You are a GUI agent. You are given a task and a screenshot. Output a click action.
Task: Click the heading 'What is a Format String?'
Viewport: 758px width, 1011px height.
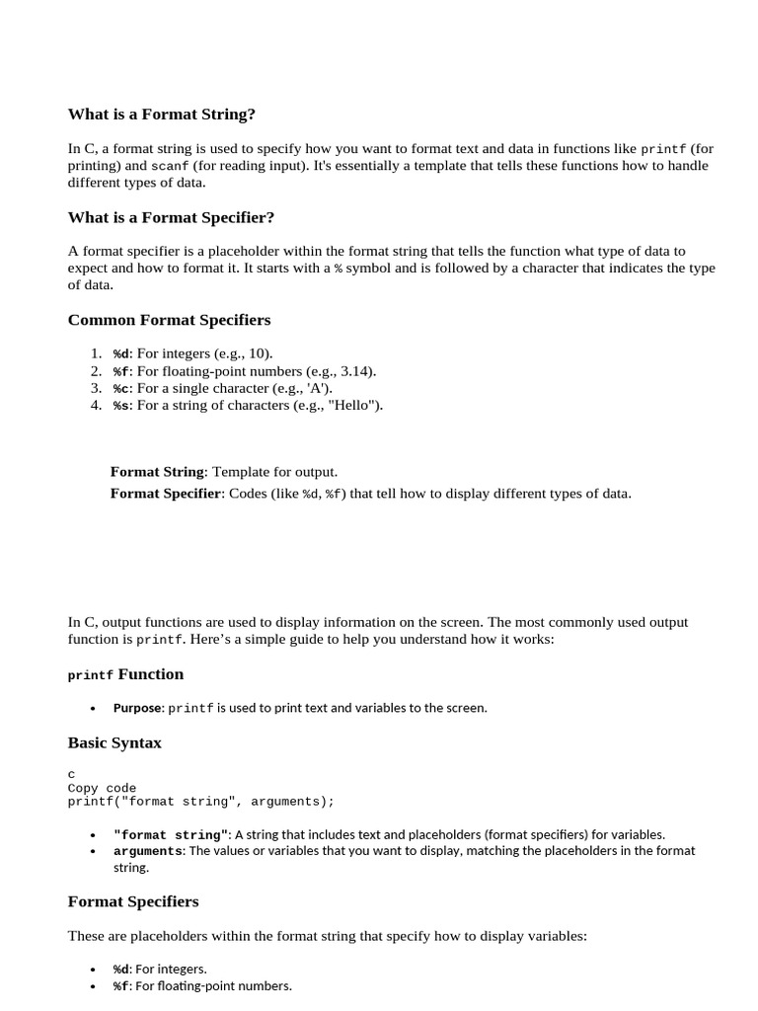point(161,115)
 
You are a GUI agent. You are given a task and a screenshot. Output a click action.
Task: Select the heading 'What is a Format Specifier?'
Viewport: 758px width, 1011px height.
point(171,217)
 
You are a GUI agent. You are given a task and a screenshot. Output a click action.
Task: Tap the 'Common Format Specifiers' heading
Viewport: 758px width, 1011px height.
point(169,320)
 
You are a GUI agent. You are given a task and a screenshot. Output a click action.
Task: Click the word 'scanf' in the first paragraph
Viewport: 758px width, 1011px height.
point(170,166)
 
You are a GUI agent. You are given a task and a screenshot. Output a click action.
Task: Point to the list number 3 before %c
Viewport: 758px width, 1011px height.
point(95,388)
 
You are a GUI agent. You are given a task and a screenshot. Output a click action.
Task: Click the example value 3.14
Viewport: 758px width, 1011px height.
point(355,371)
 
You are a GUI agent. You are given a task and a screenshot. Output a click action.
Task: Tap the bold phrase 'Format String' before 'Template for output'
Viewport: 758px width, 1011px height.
point(157,472)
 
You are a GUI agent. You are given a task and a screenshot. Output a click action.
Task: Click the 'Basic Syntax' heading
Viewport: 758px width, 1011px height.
point(114,742)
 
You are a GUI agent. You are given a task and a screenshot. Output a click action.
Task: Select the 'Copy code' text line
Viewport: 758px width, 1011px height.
point(102,788)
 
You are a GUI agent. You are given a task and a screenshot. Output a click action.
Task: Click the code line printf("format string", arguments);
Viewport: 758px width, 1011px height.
point(201,802)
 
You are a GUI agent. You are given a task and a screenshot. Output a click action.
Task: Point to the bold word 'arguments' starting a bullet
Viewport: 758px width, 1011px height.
point(148,851)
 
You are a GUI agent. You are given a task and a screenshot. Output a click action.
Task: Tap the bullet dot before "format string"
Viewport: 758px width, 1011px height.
point(93,835)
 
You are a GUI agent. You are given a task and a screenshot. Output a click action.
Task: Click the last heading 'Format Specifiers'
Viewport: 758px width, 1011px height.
point(133,901)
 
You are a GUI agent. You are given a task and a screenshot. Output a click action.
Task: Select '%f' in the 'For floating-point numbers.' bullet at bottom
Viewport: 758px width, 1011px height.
point(120,986)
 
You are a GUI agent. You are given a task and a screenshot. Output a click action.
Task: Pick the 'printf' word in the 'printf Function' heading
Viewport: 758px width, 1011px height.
point(91,675)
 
